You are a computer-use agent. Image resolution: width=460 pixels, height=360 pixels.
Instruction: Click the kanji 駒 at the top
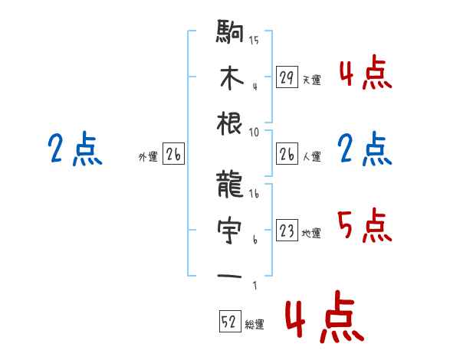pos(230,35)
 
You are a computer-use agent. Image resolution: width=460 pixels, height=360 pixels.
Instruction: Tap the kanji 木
pos(230,78)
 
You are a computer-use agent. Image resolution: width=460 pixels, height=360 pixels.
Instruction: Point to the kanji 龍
pos(230,185)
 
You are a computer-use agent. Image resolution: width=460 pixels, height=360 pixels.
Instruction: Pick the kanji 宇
pos(230,229)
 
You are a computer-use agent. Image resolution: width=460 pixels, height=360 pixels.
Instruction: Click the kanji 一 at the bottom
pos(230,275)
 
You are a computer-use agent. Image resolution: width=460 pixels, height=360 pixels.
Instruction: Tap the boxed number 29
pos(287,77)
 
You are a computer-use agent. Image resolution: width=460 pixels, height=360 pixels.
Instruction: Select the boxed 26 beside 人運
pos(287,154)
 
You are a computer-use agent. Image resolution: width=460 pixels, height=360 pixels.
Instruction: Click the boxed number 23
pos(287,231)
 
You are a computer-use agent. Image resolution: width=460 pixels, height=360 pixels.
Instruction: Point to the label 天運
pos(311,80)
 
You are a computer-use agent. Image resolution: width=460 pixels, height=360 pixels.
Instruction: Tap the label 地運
pos(311,234)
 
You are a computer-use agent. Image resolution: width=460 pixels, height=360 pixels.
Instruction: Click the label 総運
pos(255,325)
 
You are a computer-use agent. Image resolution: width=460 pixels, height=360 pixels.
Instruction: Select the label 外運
pos(147,157)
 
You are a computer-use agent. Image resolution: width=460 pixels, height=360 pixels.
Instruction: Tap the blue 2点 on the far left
pos(74,149)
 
